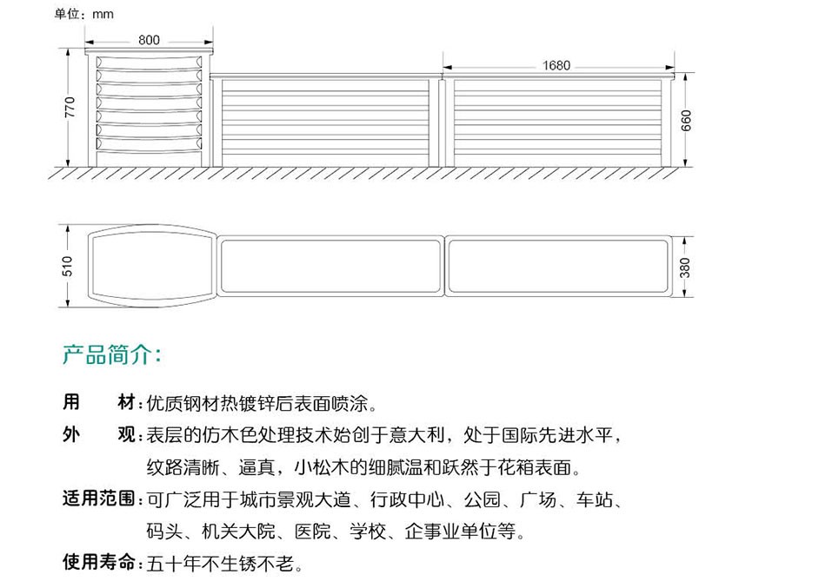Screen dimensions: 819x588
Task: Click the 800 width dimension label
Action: pos(149,40)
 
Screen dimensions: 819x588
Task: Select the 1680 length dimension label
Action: pos(556,66)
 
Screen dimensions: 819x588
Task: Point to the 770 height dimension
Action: pos(70,107)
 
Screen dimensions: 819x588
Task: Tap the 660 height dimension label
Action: pos(686,121)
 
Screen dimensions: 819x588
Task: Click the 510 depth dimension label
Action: pos(67,266)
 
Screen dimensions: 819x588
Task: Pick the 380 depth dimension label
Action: pos(685,268)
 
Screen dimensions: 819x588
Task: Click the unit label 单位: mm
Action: pos(83,14)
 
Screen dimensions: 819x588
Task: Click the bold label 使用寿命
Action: pos(99,562)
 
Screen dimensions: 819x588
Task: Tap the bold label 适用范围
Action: pos(99,499)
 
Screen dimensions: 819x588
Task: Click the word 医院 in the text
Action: pos(313,532)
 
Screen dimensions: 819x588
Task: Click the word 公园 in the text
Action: pos(483,499)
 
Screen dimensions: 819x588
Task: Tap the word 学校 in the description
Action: pos(369,532)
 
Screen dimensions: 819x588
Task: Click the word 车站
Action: pos(594,499)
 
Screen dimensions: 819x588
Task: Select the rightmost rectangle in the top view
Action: pos(558,266)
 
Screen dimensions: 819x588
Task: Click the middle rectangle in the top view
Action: pos(330,266)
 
